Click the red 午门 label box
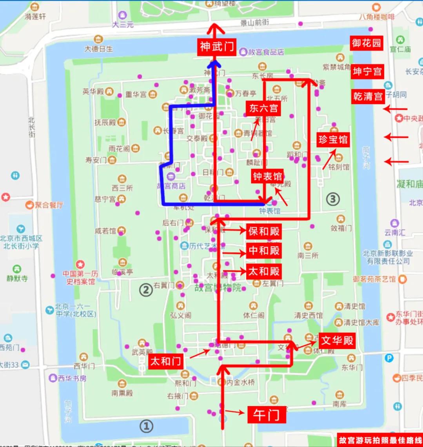(266, 415)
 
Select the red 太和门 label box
(166, 361)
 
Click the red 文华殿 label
(337, 340)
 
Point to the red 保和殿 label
(264, 231)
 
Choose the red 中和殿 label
(264, 251)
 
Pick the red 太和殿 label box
(264, 271)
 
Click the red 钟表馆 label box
(267, 176)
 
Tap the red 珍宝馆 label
(333, 140)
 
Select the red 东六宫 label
(263, 108)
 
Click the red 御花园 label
(367, 43)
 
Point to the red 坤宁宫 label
(367, 72)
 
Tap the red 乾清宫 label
(367, 96)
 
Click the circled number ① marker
(147, 426)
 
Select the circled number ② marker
(146, 291)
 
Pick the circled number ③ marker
(332, 199)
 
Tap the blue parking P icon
(389, 358)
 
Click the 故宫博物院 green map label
(218, 288)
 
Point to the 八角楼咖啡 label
(377, 17)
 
